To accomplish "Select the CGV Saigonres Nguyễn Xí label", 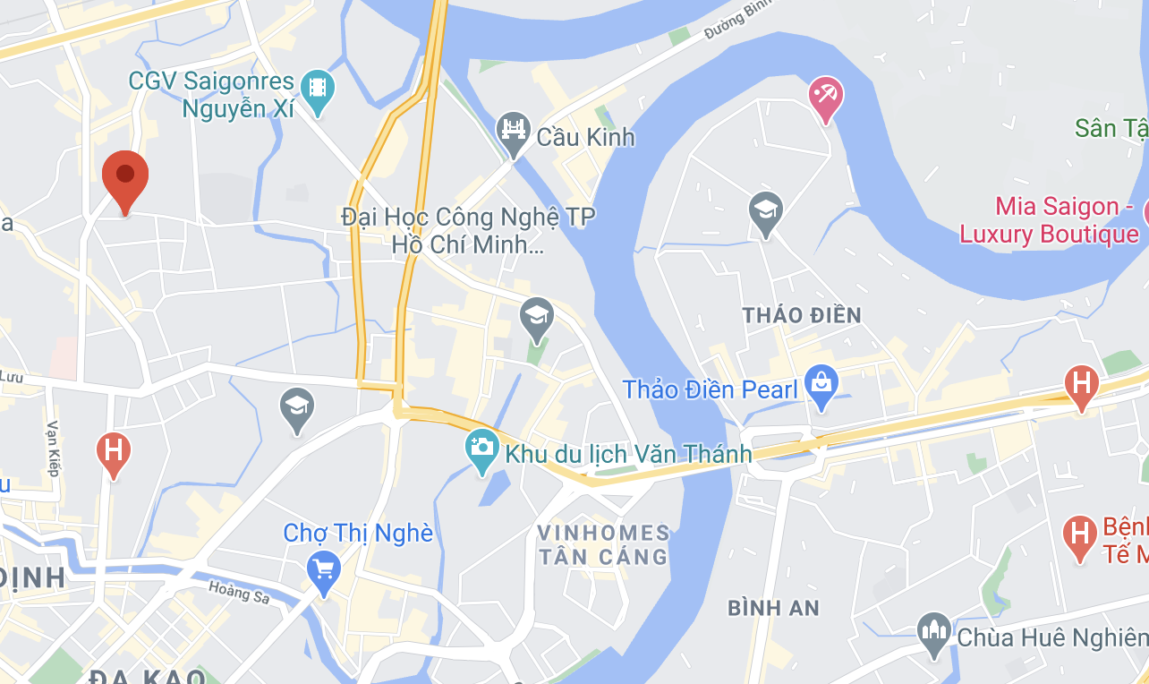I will (x=211, y=95).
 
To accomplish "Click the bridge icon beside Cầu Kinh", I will (x=514, y=131).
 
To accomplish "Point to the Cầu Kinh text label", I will (x=585, y=137).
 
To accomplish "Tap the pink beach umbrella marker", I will (x=824, y=95).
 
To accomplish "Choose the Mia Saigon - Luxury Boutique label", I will (x=1049, y=221).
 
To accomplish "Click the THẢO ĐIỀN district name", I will (x=802, y=315).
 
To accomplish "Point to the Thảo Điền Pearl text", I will (x=710, y=389).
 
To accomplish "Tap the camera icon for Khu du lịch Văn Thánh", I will (x=481, y=447).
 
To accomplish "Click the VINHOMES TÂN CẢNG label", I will (x=603, y=544).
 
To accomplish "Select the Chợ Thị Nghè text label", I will (x=358, y=534).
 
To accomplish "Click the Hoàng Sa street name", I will (x=239, y=592).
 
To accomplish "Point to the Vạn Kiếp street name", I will (x=53, y=448).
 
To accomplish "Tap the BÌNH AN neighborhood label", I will (x=773, y=608).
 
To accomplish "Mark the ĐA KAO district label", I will (x=148, y=676).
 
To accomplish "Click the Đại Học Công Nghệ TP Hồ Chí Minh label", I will (x=468, y=230).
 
